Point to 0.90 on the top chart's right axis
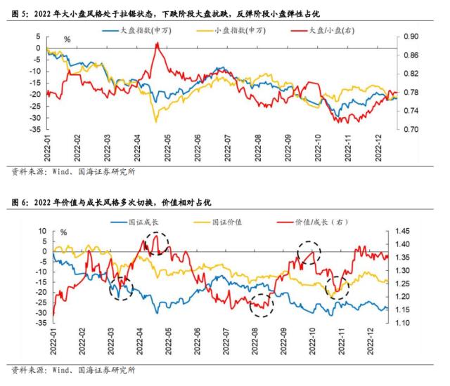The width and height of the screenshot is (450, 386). [412, 36]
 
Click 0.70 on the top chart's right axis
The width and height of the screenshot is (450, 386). [412, 130]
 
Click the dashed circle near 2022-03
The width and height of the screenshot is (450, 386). [122, 286]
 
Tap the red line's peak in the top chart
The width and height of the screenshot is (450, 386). [157, 44]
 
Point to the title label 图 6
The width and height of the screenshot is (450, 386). [20, 203]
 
